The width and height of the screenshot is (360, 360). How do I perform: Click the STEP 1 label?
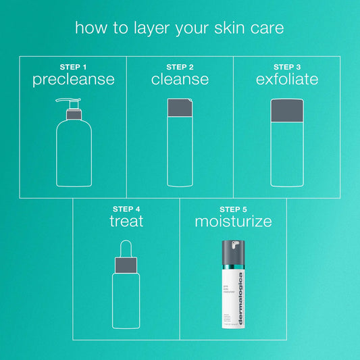(x=73, y=67)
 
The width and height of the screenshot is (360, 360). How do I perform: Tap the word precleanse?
(x=73, y=80)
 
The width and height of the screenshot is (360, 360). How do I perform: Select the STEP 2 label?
(x=180, y=67)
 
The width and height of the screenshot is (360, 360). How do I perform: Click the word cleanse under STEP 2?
(x=180, y=80)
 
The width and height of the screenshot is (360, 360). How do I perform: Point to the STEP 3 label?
(x=287, y=67)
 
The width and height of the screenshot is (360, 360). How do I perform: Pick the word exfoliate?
(x=287, y=80)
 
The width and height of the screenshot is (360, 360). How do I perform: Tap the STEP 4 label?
(x=126, y=209)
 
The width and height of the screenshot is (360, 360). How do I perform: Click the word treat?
(x=126, y=222)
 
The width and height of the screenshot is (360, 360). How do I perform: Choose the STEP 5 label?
(x=233, y=209)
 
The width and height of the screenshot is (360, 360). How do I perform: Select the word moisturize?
(x=233, y=222)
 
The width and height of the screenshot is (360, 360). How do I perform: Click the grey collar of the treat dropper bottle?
(x=126, y=265)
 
